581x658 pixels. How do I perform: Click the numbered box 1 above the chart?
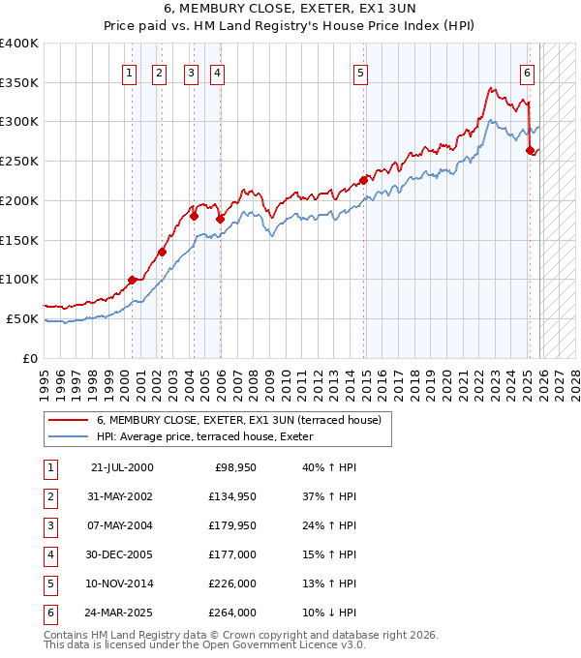coord(130,72)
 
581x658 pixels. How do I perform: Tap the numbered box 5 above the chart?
coord(360,72)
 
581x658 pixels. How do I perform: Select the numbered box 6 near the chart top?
coord(527,72)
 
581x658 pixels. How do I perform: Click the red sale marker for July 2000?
coord(132,281)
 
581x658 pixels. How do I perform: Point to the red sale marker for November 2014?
coord(364,179)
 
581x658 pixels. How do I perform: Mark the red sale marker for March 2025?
coord(530,150)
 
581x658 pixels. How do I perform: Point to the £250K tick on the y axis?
coord(19,161)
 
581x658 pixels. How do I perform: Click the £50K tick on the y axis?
coord(22,318)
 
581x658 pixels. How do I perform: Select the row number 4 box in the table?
coord(49,555)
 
